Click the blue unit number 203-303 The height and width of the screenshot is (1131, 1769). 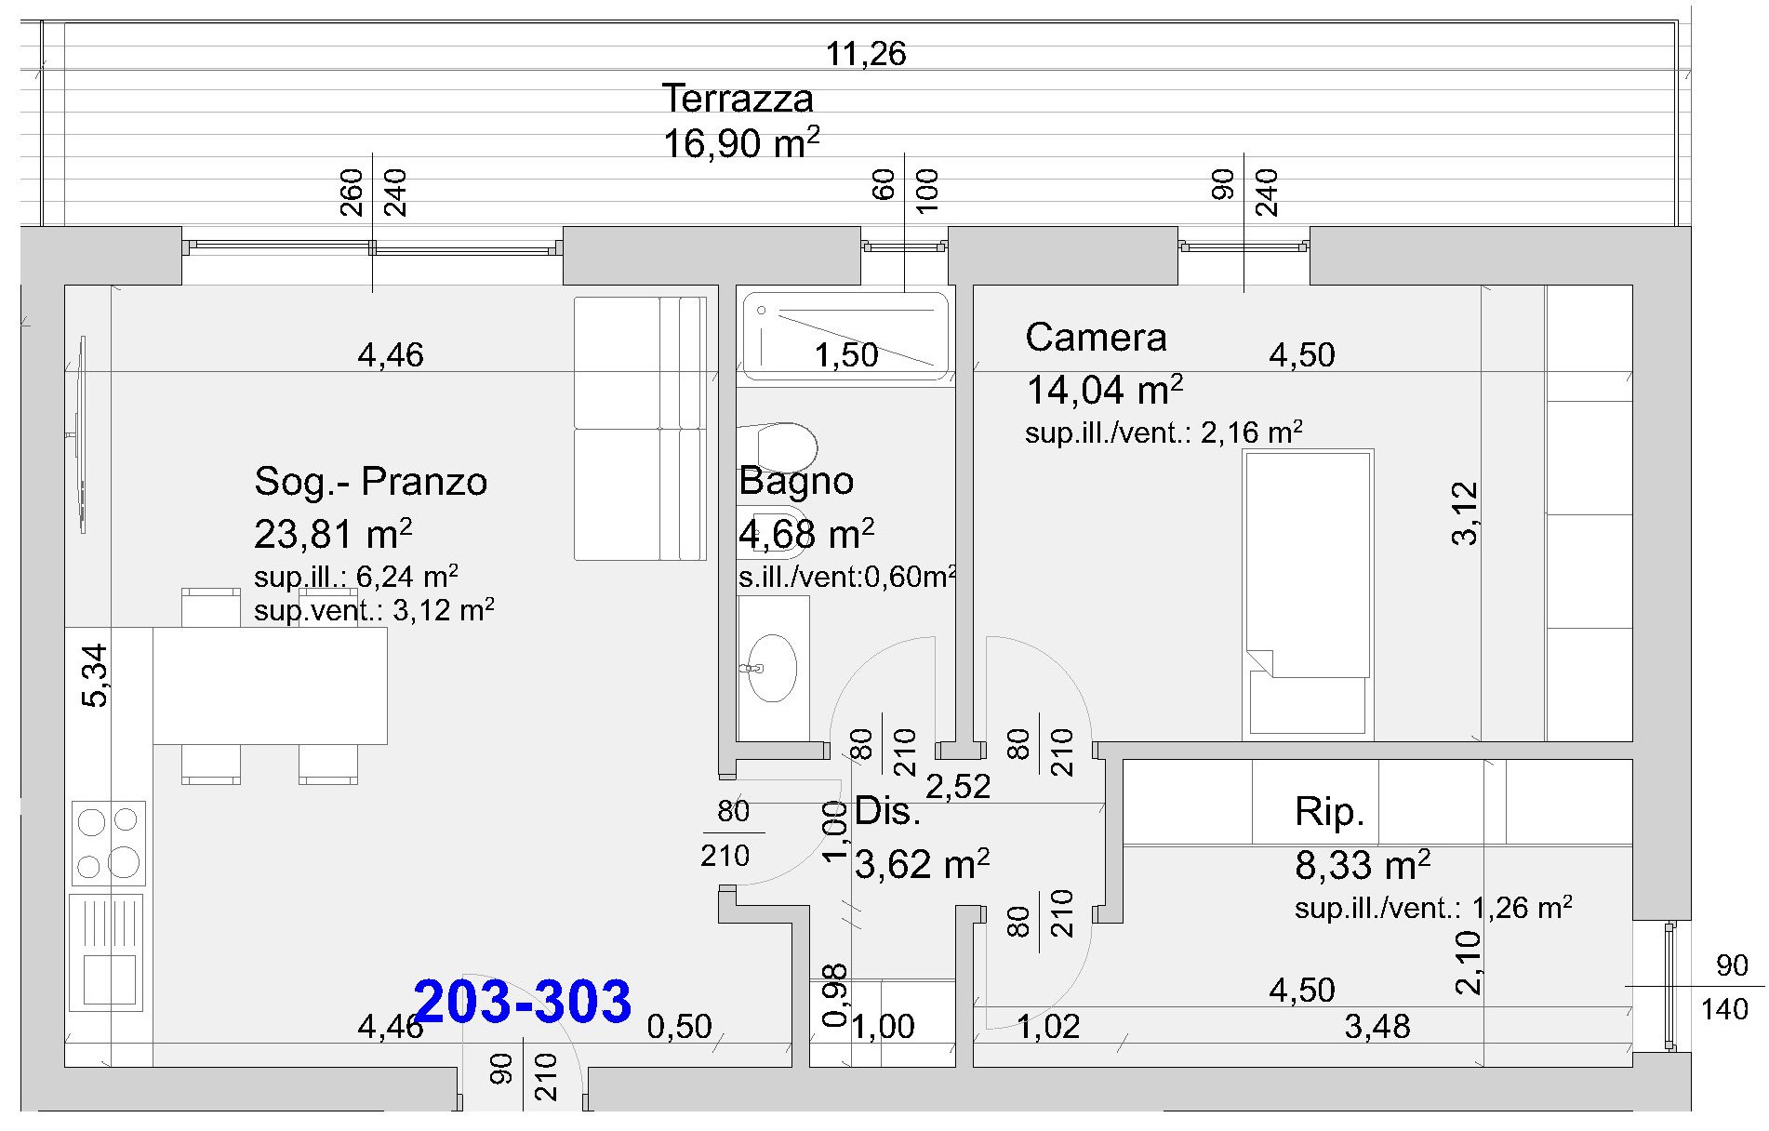click(523, 1001)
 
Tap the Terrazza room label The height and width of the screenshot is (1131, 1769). click(738, 98)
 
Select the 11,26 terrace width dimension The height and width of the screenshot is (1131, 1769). click(866, 54)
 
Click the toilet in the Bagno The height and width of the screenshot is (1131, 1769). click(778, 446)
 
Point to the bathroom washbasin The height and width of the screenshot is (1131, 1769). click(773, 667)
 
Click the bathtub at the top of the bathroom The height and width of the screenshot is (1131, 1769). click(844, 337)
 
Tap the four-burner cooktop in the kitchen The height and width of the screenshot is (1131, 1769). click(109, 843)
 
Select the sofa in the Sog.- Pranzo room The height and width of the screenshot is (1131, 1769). click(640, 428)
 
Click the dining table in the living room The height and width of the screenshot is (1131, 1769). click(270, 685)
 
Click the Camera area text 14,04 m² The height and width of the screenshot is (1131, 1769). click(1104, 391)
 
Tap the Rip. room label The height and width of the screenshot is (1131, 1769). click(1329, 813)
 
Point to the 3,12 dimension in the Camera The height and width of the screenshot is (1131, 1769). click(1464, 512)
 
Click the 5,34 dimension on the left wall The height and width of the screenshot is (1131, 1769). click(95, 675)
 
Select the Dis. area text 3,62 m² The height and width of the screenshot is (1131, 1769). click(922, 864)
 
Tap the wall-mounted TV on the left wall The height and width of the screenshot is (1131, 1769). click(81, 434)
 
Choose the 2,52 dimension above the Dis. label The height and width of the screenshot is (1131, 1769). click(958, 787)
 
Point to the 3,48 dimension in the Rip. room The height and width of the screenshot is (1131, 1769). click(1377, 1027)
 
